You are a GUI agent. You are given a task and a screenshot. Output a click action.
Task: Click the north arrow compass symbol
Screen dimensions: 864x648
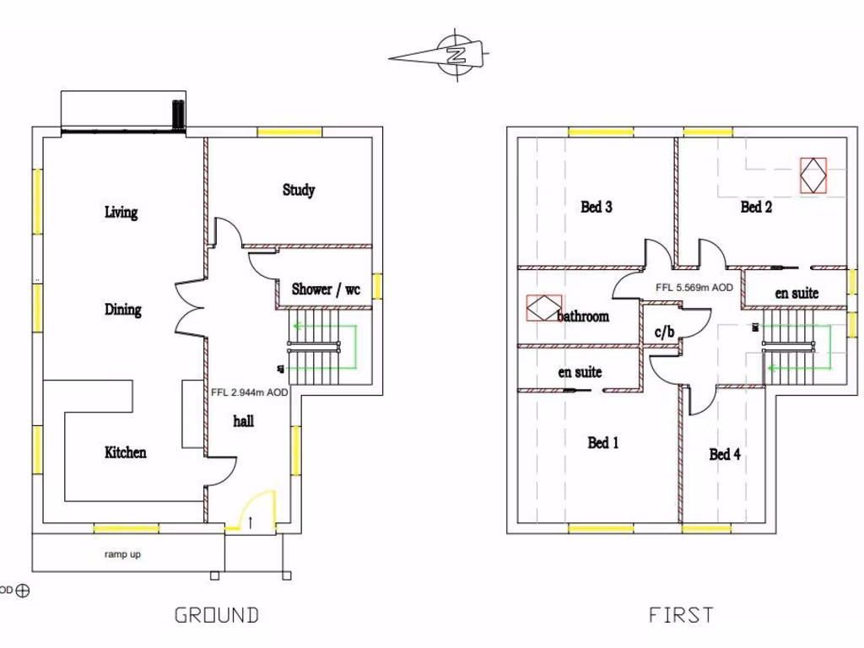click(x=456, y=56)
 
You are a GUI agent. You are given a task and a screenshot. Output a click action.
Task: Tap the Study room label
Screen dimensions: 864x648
click(x=299, y=190)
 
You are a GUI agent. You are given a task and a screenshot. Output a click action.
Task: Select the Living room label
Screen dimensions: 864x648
click(x=121, y=212)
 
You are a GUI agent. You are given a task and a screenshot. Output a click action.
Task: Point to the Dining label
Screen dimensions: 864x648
click(x=123, y=310)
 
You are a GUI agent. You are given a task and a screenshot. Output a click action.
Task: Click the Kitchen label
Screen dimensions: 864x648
click(x=125, y=452)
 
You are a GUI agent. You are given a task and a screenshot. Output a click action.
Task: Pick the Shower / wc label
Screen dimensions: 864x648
click(x=326, y=289)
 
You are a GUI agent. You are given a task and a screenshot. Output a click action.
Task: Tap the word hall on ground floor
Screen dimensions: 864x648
click(x=243, y=420)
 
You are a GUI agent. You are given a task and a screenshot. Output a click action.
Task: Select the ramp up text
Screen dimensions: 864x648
click(x=122, y=554)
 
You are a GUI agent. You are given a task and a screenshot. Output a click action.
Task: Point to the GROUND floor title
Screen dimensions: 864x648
click(x=216, y=615)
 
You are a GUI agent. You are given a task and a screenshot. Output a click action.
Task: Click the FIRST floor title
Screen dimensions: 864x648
click(x=681, y=615)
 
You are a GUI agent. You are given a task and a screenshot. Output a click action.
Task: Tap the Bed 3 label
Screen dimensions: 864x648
click(x=597, y=207)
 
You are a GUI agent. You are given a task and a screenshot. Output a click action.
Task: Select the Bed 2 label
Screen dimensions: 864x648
click(x=756, y=207)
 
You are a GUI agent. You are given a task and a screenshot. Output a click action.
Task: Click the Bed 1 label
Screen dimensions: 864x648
click(x=603, y=442)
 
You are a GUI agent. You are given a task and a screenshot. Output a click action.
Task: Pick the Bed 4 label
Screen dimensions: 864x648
click(x=725, y=454)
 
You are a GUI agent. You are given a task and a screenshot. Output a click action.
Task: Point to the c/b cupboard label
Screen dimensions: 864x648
click(x=665, y=332)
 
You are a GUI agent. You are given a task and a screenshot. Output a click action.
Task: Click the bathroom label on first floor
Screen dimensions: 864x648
click(x=583, y=316)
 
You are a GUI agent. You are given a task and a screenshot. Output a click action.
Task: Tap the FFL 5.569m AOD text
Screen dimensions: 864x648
click(x=694, y=287)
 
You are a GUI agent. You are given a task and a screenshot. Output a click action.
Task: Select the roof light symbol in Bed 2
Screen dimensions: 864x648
click(x=813, y=175)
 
